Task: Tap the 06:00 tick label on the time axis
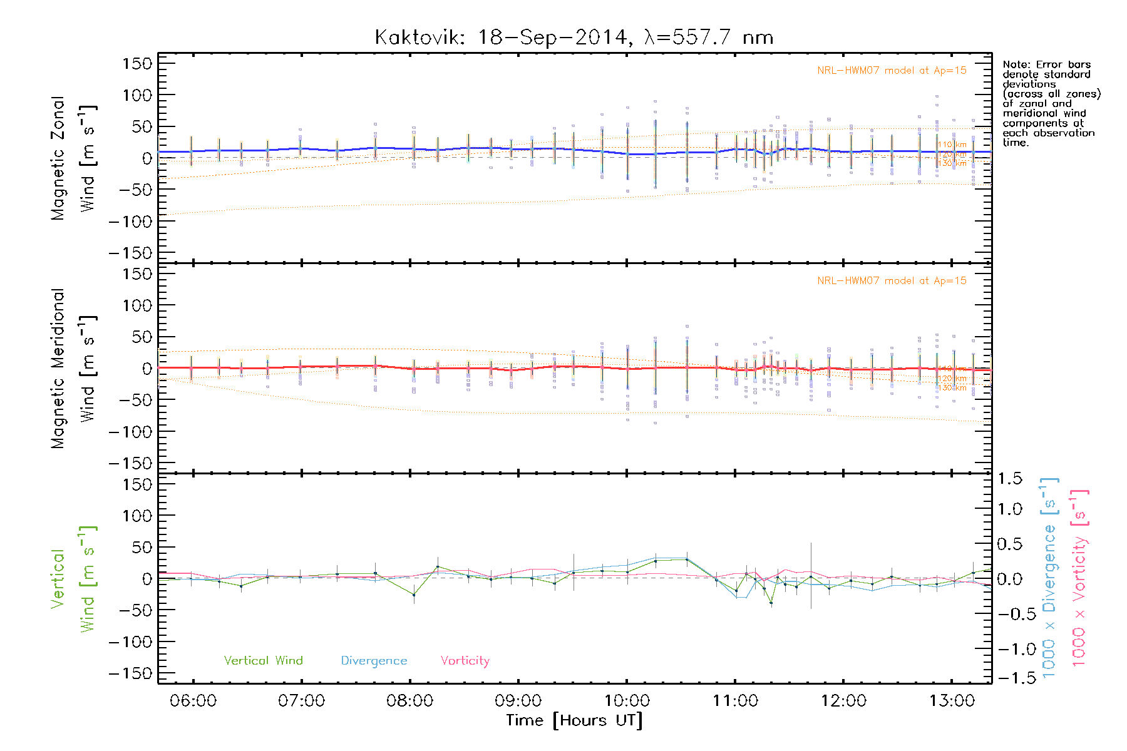coord(193,701)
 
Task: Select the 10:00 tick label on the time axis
coord(627,701)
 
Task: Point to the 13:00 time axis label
coord(952,701)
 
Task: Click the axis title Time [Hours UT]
coord(574,721)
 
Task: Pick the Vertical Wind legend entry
coord(263,661)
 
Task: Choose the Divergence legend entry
coord(374,661)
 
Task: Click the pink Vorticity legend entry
coord(465,661)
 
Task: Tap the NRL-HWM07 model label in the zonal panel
coord(892,71)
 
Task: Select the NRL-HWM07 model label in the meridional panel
coord(892,281)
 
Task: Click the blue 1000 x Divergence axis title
coord(1049,578)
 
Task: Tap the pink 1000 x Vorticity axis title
coord(1079,578)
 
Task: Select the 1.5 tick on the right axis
coord(1009,479)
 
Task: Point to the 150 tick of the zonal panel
coord(137,64)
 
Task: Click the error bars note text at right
coord(1051,103)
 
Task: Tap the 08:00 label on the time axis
coord(409,701)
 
